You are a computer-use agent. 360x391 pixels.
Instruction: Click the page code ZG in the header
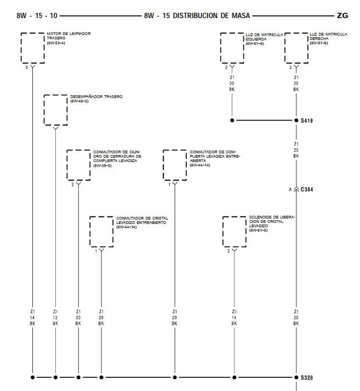pos(342,16)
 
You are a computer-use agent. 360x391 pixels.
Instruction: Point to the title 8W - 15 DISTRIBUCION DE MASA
pos(197,16)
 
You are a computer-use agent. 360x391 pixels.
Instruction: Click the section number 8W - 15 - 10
pos(37,16)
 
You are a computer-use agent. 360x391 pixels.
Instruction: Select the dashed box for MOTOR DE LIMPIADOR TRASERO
pos(32,48)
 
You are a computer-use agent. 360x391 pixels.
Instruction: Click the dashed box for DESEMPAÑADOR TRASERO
pos(55,110)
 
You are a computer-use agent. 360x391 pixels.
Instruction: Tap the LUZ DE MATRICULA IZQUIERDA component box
pos(232,48)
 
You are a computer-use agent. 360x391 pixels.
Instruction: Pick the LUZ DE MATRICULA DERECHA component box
pos(296,48)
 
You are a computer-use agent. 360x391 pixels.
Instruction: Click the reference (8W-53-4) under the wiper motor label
pos(56,43)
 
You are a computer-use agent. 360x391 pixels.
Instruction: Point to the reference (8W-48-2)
pos(79,101)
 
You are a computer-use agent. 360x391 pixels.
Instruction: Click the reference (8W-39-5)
pos(102,165)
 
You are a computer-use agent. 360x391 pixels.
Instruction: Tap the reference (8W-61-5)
pos(258,231)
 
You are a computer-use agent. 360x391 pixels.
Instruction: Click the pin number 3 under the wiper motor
pos(26,67)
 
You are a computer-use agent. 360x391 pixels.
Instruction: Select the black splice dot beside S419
pos(296,120)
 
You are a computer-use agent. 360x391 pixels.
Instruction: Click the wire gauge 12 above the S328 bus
pos(55,317)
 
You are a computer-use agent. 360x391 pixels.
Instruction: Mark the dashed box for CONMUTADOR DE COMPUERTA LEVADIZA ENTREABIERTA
pos(175,165)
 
